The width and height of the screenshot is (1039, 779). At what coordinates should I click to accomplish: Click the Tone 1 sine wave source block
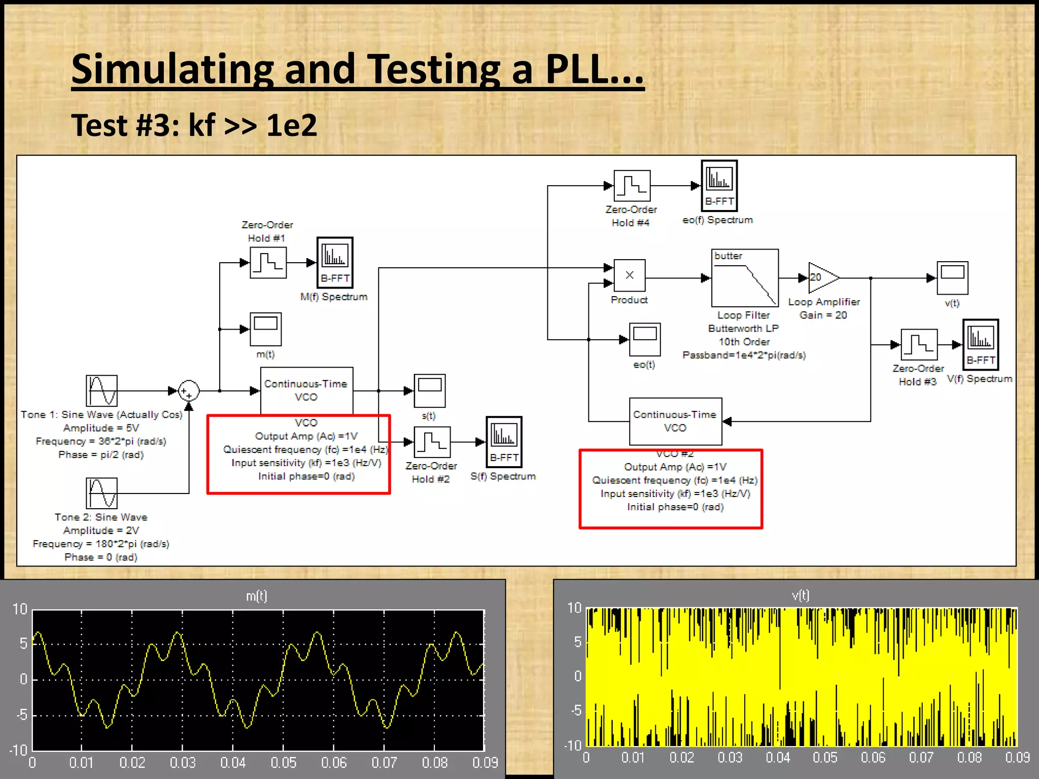101,391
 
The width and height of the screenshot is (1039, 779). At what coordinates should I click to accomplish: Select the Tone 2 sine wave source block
101,493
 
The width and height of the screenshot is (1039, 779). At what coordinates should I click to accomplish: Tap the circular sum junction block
189,391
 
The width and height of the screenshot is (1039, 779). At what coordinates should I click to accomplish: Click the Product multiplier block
630,276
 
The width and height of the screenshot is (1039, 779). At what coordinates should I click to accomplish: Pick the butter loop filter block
745,278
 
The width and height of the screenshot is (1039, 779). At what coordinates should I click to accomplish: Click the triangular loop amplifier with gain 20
822,278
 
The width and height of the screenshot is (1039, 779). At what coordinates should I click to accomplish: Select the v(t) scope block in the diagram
952,278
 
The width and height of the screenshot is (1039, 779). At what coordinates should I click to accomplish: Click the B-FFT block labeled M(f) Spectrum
335,263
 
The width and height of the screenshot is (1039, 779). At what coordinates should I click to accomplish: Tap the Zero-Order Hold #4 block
632,186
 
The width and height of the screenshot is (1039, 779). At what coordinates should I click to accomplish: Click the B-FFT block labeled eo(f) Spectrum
719,186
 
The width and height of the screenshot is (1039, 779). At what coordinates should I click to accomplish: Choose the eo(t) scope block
645,339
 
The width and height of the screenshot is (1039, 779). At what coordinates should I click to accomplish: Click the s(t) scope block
430,391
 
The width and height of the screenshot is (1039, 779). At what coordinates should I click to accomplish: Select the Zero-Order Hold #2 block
432,442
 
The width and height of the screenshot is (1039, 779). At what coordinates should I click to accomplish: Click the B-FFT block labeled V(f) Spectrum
980,344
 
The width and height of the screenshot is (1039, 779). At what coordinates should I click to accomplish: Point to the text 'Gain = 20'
823,315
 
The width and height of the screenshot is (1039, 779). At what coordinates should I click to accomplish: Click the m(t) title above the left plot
256,596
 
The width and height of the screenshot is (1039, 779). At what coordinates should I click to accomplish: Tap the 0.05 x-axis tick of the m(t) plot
283,763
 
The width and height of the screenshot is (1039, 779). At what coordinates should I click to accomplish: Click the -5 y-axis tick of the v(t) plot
576,711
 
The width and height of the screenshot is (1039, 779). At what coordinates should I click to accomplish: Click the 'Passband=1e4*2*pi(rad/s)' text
744,355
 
